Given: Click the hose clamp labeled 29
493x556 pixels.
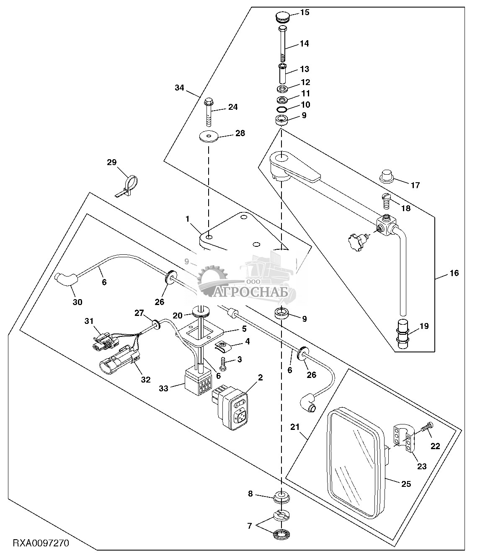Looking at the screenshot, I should [128, 185].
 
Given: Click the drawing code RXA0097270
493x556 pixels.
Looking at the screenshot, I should [41, 543].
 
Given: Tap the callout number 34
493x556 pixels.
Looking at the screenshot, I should [179, 88].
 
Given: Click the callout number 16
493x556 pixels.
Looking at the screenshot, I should [454, 273].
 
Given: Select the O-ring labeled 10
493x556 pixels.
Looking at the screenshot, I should [282, 109].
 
